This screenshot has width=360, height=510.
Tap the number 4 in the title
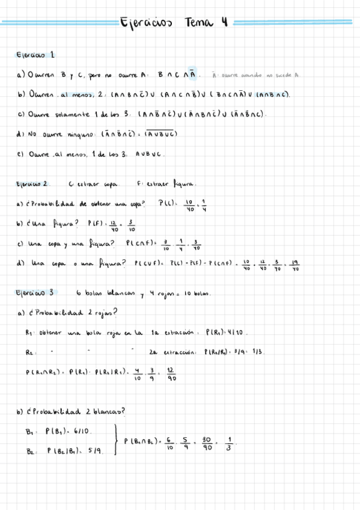(224, 23)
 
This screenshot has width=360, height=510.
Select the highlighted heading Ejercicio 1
(35, 55)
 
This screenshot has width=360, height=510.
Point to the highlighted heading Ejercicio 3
(35, 293)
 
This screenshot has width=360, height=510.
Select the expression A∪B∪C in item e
(148, 153)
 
